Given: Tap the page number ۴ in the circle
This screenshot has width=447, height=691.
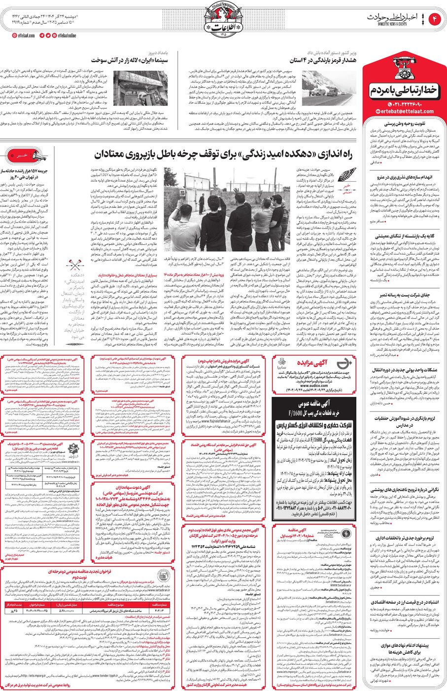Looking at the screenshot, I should pos(436,19).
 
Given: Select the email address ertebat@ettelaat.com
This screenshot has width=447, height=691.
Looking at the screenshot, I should pos(407,112).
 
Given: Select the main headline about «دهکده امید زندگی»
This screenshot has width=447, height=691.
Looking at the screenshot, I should pos(223,155).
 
